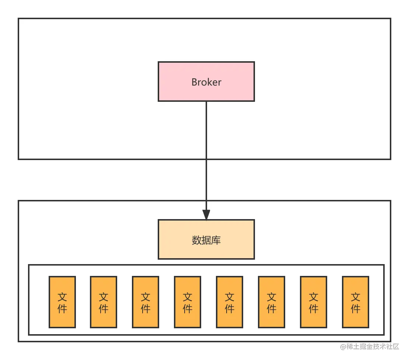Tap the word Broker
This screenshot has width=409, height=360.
point(206,82)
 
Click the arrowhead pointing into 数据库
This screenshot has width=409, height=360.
point(206,215)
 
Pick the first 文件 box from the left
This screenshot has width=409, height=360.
point(62,302)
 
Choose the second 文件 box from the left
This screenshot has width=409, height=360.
point(104,302)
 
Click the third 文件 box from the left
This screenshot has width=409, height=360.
point(146,302)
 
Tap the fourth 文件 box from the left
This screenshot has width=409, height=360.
point(188,302)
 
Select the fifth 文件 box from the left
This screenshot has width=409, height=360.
point(230,302)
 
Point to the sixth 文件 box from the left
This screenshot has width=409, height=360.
point(272,302)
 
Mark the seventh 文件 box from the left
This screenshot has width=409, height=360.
point(314,302)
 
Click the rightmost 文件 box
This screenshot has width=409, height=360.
point(356,302)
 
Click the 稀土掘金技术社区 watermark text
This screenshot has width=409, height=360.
point(370,346)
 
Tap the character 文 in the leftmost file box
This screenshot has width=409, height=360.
point(62,297)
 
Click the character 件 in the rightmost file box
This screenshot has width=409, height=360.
point(356,308)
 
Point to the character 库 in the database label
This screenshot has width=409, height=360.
point(216,240)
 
